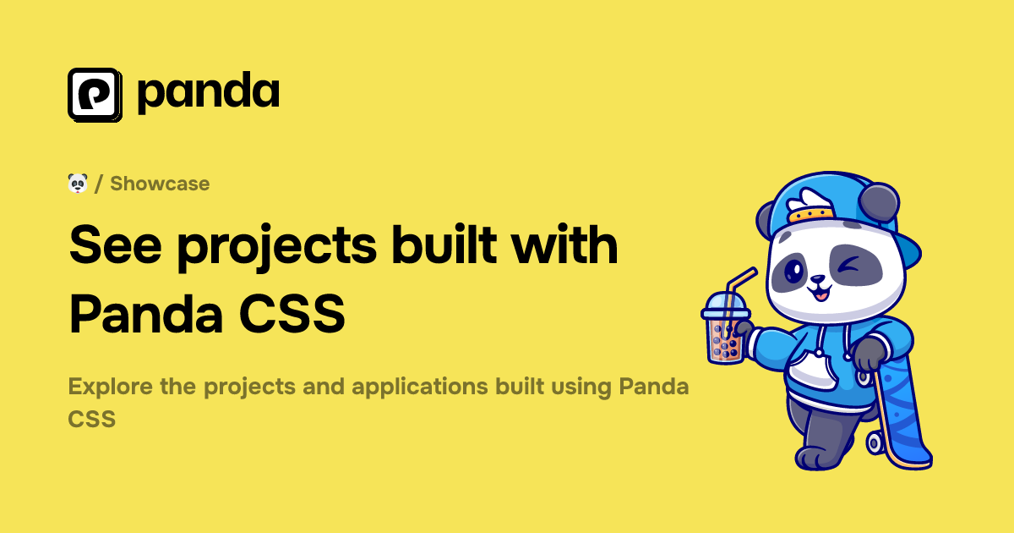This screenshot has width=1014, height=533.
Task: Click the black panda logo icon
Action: (x=95, y=94)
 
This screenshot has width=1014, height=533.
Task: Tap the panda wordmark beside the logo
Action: (x=208, y=93)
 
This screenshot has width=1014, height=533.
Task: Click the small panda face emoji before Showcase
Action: (x=78, y=183)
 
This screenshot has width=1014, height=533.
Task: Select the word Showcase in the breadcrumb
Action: (x=160, y=184)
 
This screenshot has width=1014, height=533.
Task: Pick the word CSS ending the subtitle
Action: (x=91, y=418)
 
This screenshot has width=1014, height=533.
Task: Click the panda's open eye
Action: (x=795, y=271)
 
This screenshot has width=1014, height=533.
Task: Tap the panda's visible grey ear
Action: (x=880, y=201)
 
